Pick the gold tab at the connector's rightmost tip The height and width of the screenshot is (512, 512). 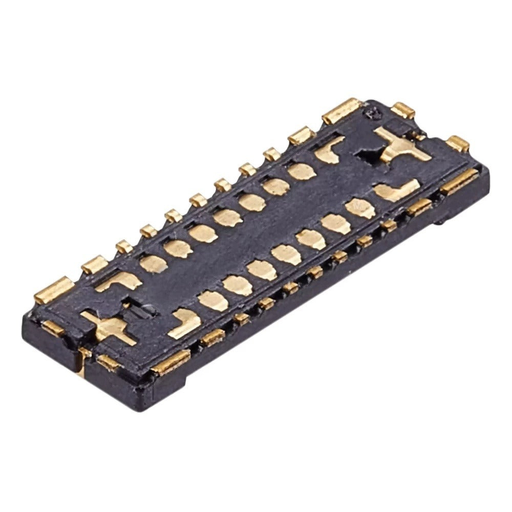point(457,143)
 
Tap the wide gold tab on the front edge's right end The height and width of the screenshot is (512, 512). point(459,181)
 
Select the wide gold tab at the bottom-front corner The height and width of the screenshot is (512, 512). point(172,361)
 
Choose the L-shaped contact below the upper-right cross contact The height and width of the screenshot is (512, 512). point(397,191)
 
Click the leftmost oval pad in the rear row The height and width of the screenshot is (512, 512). point(153,263)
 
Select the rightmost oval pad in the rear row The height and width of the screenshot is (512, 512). point(302,171)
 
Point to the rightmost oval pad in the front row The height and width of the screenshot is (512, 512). point(359,207)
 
